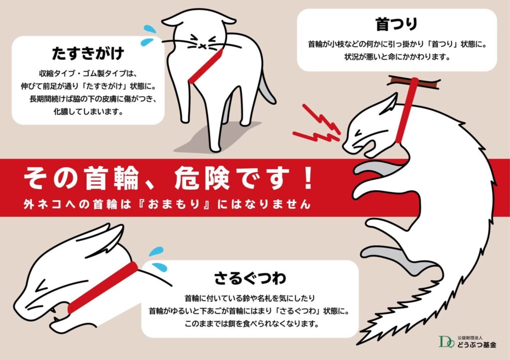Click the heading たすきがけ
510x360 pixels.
88,53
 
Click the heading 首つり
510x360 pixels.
396,24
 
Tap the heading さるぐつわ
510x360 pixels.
250,278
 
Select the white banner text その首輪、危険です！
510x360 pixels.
168,178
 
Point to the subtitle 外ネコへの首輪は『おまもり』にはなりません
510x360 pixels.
167,204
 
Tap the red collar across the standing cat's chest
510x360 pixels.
206,66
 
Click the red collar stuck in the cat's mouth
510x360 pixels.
103,287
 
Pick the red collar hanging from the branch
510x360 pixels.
406,111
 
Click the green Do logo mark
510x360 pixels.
446,342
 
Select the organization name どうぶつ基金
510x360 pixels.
477,345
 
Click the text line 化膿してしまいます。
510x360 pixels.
88,112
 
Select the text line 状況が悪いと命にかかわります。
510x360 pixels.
397,57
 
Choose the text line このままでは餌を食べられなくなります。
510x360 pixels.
250,324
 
